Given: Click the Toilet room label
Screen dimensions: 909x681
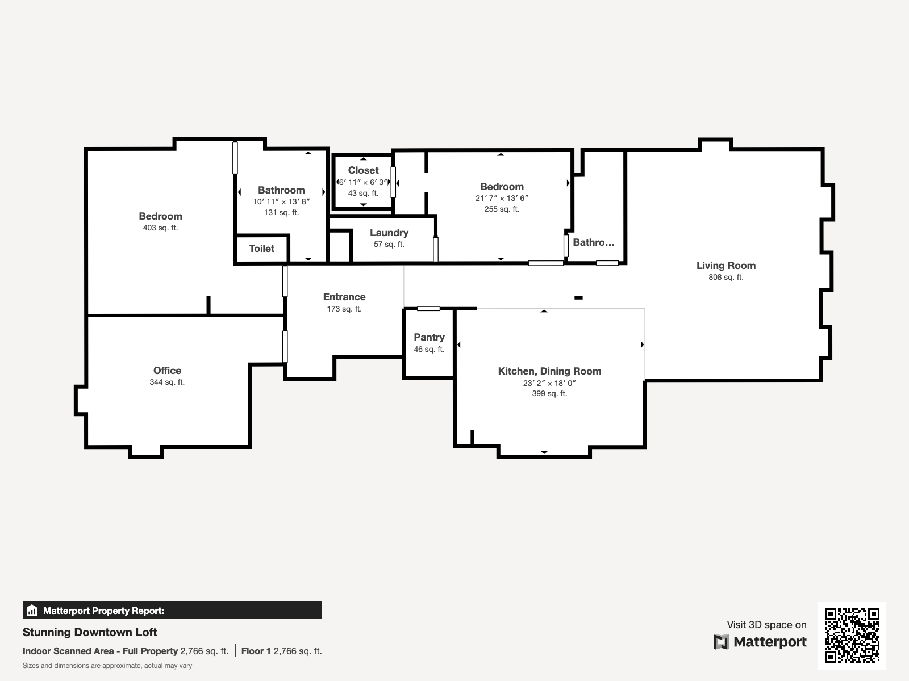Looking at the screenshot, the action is click(x=261, y=249).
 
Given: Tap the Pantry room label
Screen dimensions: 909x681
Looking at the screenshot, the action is click(x=429, y=337).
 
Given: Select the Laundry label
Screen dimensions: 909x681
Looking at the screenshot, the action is click(x=389, y=233).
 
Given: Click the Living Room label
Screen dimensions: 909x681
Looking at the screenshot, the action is click(x=726, y=266).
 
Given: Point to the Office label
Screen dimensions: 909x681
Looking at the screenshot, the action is click(x=167, y=371).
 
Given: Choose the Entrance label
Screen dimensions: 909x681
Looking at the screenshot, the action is click(x=344, y=297).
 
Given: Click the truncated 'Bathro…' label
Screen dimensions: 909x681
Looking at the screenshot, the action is click(x=594, y=242).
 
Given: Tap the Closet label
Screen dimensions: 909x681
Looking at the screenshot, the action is click(x=363, y=170).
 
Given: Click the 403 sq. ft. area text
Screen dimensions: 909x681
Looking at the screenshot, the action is click(x=160, y=228).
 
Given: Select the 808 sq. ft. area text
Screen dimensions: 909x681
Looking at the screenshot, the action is click(x=726, y=278).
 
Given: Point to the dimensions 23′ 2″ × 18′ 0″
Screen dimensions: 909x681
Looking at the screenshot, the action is click(x=549, y=383).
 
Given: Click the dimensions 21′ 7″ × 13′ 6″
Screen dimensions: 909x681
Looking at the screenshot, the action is click(x=502, y=199).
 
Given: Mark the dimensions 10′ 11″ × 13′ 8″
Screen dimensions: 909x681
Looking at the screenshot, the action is click(x=282, y=202).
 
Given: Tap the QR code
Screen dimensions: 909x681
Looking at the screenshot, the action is click(x=852, y=636).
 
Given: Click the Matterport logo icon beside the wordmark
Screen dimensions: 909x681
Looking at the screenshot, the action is click(x=721, y=642).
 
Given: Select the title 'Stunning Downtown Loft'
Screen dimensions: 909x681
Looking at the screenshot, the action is click(x=90, y=632).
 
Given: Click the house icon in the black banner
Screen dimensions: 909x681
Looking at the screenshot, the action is click(x=32, y=610).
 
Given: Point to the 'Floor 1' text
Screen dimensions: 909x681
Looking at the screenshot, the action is click(x=256, y=651).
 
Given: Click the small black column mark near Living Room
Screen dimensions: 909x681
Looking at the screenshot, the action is click(x=578, y=298).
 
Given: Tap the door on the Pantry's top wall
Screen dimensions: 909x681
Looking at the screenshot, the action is click(x=428, y=309).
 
